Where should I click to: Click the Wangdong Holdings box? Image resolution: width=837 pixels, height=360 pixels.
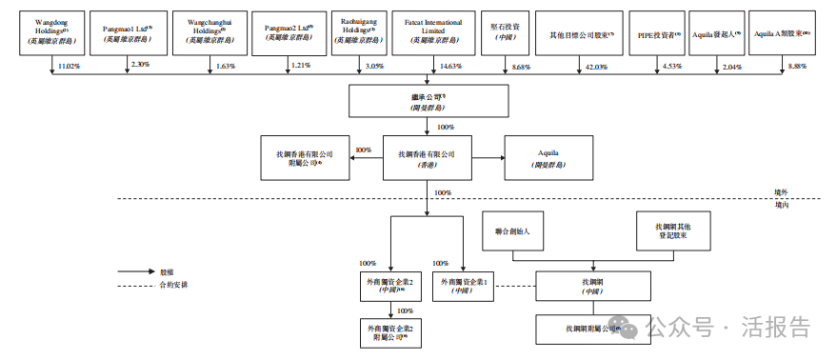pyautogui.click(x=46, y=31)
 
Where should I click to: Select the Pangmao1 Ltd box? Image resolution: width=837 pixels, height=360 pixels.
pyautogui.click(x=127, y=31)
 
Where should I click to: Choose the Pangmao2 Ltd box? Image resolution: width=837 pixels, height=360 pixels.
pyautogui.click(x=289, y=31)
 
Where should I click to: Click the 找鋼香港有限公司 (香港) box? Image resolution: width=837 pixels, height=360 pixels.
pyautogui.click(x=426, y=157)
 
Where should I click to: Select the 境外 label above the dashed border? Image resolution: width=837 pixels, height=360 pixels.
pyautogui.click(x=782, y=191)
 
